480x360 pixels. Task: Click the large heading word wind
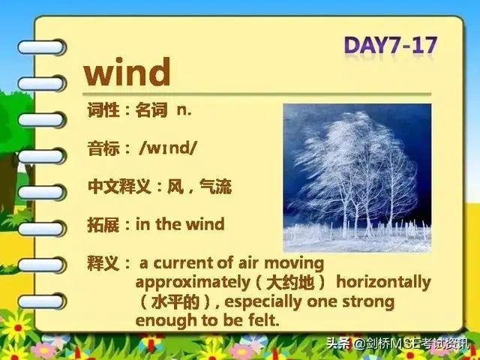(x=127, y=72)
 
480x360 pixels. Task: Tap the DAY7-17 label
(x=391, y=45)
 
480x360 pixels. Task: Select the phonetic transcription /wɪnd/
(x=168, y=148)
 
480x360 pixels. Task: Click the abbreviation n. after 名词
(x=184, y=110)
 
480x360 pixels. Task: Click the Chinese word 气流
(x=215, y=186)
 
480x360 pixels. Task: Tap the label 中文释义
(x=119, y=186)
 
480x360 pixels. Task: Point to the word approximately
(x=193, y=283)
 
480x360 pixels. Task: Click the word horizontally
(x=383, y=282)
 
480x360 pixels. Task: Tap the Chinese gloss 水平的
(x=175, y=302)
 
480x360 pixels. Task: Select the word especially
(x=263, y=302)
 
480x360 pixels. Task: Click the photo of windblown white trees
(x=357, y=178)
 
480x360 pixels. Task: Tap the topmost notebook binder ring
(x=41, y=47)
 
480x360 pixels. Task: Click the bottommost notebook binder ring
(x=41, y=301)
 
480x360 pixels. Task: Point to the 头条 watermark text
(x=337, y=343)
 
